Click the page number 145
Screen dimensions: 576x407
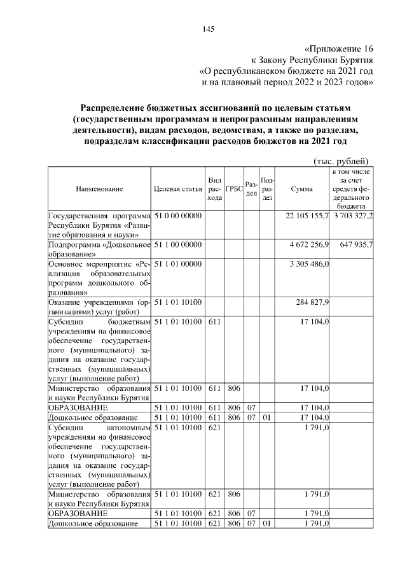pos(209,29)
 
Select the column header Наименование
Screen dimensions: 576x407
pos(99,188)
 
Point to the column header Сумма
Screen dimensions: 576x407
pos(301,188)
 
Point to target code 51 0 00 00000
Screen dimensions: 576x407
pos(177,217)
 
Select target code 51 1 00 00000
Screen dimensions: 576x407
pos(177,244)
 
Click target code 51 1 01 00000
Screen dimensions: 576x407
pos(177,263)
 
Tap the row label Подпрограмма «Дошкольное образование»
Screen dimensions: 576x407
pos(99,249)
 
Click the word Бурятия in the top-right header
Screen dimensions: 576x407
pos(355,60)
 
